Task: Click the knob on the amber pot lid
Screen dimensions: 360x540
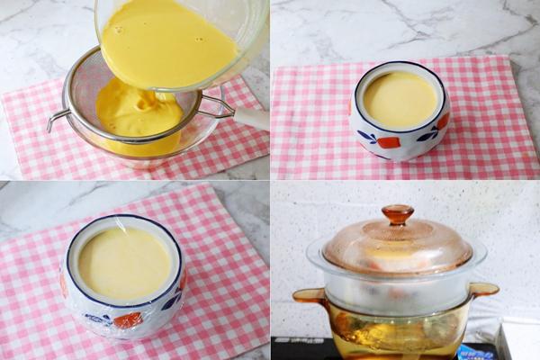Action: pos(397,214)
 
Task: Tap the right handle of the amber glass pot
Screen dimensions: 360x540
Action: pos(483,290)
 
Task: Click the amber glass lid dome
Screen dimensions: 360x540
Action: pos(397,247)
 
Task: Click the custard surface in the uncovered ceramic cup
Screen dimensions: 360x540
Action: pos(400,99)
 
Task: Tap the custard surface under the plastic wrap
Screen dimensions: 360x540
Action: pos(124,263)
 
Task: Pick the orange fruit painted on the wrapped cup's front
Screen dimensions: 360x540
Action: pos(128,319)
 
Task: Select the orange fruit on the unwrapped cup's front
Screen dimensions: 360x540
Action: pos(389,142)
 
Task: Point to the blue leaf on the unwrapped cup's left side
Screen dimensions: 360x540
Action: pos(366,137)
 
